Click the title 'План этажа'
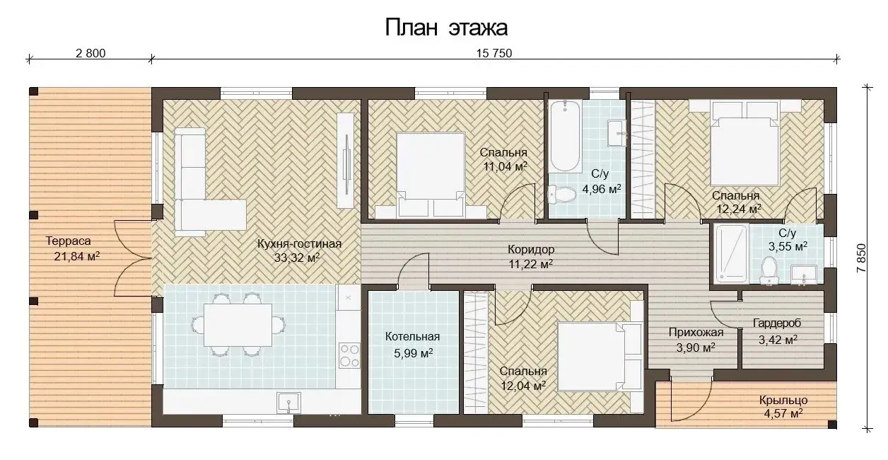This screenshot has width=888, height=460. [x=446, y=28]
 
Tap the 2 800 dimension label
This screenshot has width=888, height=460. [x=90, y=53]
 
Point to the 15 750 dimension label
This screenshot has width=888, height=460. [x=494, y=53]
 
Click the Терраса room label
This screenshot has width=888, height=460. [x=68, y=241]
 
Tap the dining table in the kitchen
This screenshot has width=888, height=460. [x=238, y=325]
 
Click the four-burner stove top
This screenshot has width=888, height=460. [x=349, y=355]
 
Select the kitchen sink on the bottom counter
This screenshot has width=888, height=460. [x=289, y=403]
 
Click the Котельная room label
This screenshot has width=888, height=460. [x=412, y=337]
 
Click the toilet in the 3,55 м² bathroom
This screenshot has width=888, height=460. [x=769, y=270]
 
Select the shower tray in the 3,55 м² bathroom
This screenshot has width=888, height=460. [x=732, y=253]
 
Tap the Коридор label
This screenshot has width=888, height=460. [x=531, y=250]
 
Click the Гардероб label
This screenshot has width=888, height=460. [x=777, y=323]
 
